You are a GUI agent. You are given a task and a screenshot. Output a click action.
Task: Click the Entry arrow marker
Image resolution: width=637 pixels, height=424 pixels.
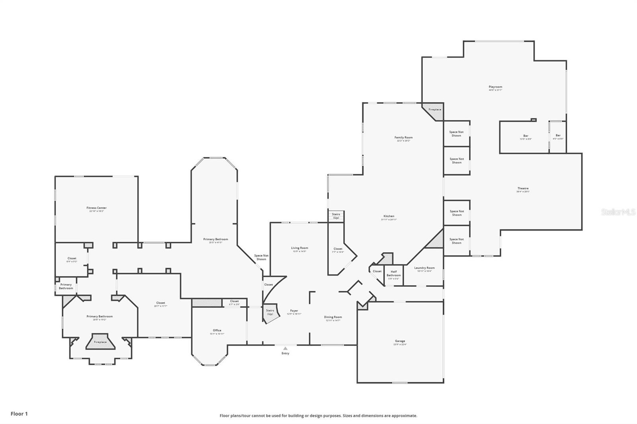[285, 349]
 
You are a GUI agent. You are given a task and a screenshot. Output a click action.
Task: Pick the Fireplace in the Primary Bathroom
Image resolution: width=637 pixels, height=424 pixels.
[100, 342]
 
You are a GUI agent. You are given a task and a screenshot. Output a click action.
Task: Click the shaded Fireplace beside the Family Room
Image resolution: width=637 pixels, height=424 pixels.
[435, 110]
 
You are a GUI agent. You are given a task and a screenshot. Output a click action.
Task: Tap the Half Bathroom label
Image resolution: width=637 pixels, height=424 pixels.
[393, 274]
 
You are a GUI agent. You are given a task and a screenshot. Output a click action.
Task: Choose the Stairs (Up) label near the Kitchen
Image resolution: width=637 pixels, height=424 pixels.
[336, 216]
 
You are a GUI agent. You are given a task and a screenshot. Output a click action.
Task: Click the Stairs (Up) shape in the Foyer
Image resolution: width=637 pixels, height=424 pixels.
[270, 312]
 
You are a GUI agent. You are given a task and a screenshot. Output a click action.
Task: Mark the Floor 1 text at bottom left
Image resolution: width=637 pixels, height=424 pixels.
[19, 414]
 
